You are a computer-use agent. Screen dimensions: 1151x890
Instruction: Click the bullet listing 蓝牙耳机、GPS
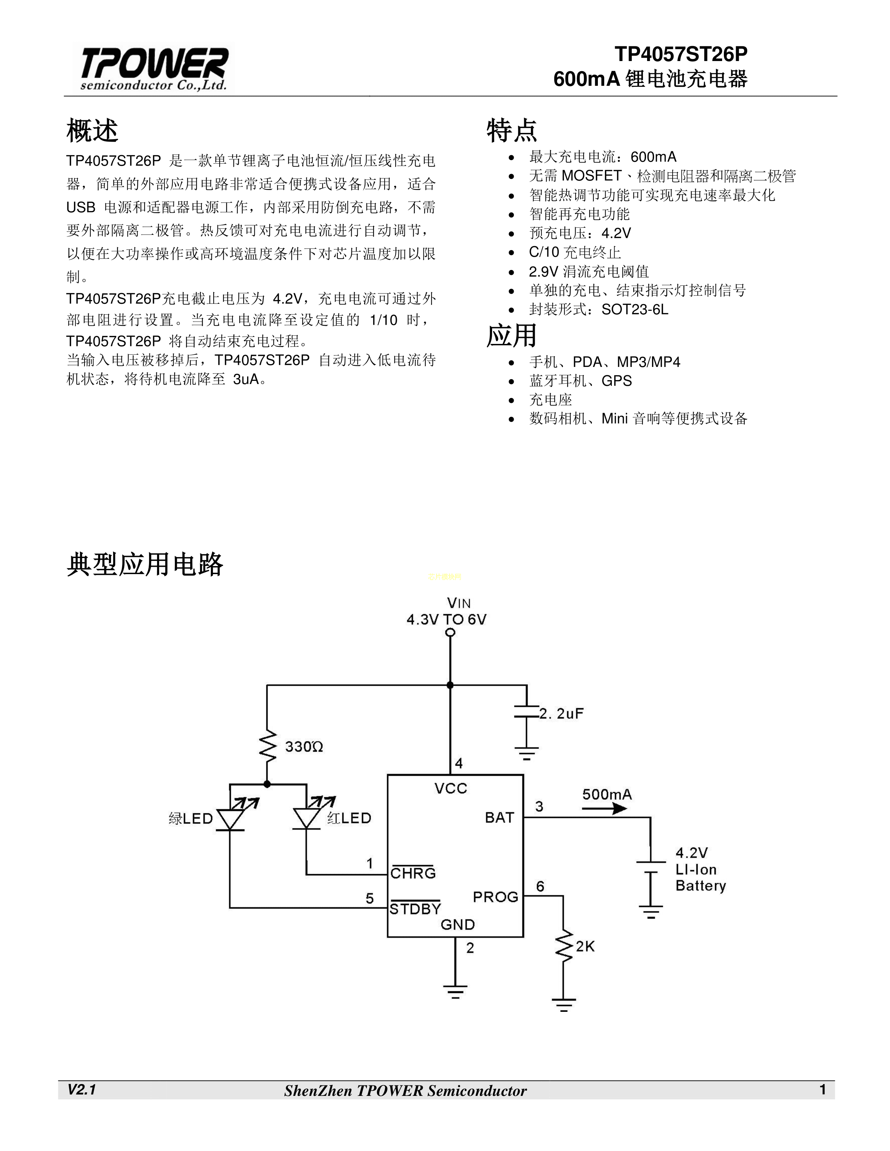[580, 381]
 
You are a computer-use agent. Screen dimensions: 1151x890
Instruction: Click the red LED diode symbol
[306, 818]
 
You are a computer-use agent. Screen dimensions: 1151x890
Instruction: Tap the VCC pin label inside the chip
[451, 788]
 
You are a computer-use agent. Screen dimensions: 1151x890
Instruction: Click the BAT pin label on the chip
[499, 818]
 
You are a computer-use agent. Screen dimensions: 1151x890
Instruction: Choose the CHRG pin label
[413, 873]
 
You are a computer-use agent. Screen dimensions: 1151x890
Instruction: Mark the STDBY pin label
[415, 909]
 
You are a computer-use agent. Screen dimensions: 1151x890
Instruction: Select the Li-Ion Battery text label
[700, 870]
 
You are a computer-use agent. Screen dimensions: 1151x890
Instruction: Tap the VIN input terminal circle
[450, 632]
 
